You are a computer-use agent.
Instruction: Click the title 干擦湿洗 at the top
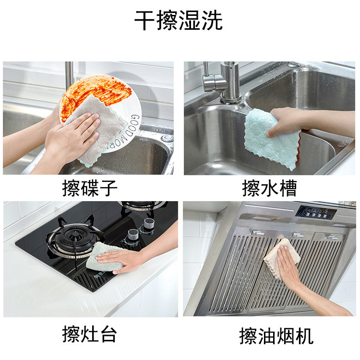pyautogui.click(x=179, y=21)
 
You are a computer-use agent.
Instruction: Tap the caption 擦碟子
pyautogui.click(x=90, y=188)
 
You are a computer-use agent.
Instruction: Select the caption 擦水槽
pyautogui.click(x=270, y=188)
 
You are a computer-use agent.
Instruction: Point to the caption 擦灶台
pyautogui.click(x=90, y=334)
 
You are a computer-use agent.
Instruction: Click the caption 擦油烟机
pyautogui.click(x=276, y=336)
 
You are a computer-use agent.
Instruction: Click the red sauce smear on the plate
pyautogui.click(x=96, y=92)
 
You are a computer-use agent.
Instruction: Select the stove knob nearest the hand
pyautogui.click(x=133, y=235)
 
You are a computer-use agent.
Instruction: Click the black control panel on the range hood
pyautogui.click(x=316, y=212)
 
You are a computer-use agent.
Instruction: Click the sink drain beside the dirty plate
pyautogui.click(x=167, y=138)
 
